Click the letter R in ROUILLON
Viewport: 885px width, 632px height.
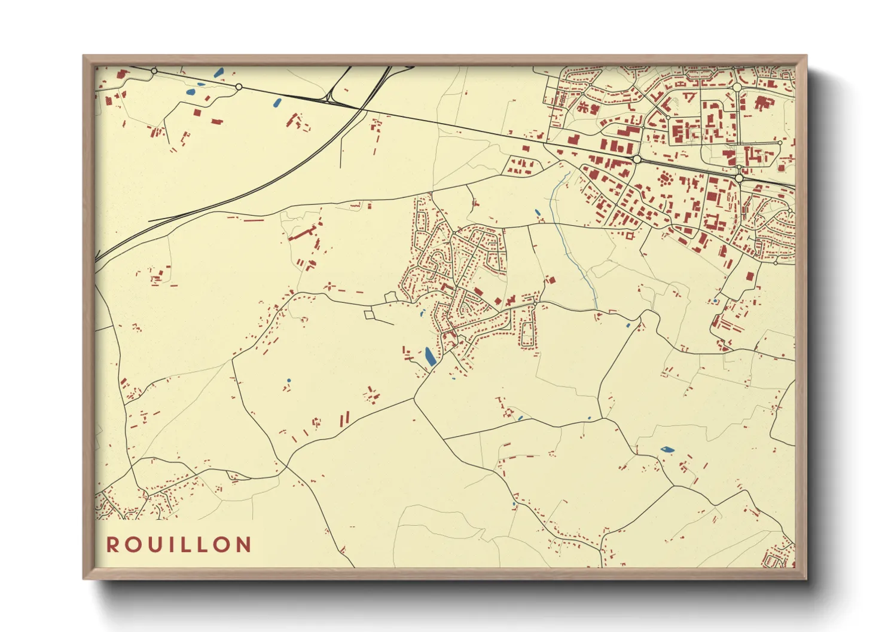112,545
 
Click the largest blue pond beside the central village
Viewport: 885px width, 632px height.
430,357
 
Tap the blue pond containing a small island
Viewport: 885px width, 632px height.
667,449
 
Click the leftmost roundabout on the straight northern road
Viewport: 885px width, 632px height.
154,71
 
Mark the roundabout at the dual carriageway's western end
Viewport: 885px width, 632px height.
637,159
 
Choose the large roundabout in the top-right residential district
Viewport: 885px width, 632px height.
737,87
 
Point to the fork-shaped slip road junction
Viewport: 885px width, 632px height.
329,96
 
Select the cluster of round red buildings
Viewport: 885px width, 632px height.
664,178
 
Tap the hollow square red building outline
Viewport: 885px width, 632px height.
689,96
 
